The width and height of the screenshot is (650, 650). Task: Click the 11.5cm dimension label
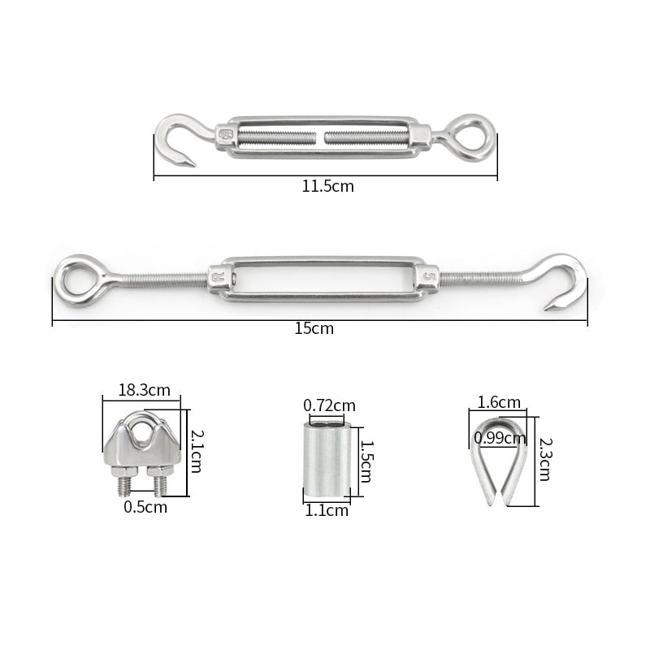[x=327, y=186]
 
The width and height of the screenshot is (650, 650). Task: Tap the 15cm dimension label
[x=314, y=329]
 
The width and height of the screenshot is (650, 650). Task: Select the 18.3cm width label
[x=144, y=389]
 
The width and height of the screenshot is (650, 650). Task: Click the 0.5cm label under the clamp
[x=145, y=507]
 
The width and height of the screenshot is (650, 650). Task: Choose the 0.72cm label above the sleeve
[x=329, y=405]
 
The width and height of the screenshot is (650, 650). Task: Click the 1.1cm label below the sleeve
[x=326, y=510]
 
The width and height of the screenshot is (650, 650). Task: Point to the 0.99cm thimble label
[x=500, y=439]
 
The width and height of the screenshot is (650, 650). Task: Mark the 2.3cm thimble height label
[x=544, y=459]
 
